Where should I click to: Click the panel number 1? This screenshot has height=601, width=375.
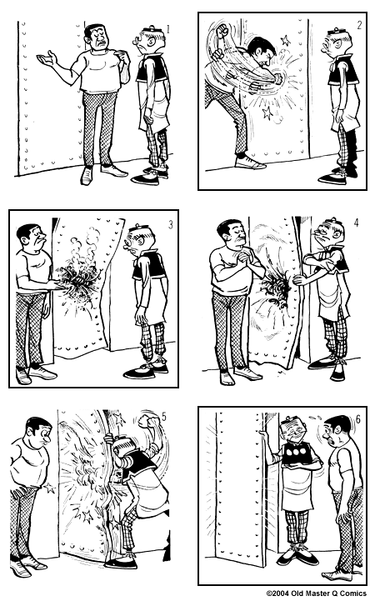click(168, 29)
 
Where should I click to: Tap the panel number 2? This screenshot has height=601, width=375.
click(359, 25)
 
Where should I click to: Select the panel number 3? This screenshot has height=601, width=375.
click(171, 224)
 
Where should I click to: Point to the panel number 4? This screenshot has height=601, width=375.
click(357, 223)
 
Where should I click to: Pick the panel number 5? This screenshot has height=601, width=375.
click(164, 417)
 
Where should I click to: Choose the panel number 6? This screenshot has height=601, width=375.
click(358, 419)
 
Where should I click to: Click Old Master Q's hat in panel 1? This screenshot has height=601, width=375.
click(149, 30)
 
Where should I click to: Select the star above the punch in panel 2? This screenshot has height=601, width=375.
click(285, 40)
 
